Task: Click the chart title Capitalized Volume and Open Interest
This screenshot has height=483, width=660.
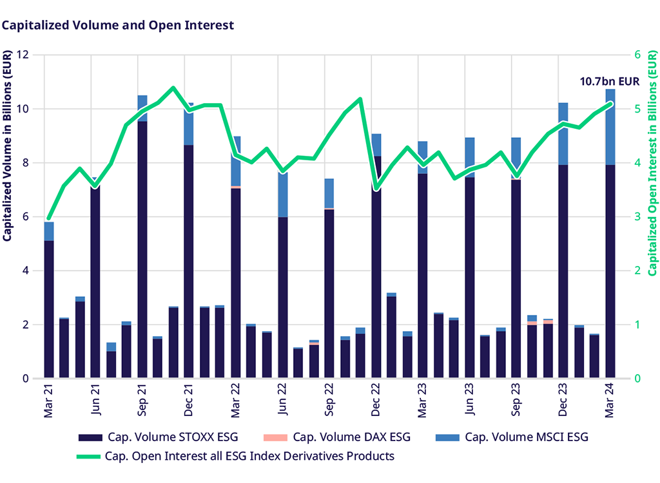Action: pyautogui.click(x=117, y=25)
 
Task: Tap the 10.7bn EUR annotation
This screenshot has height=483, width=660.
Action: pyautogui.click(x=609, y=81)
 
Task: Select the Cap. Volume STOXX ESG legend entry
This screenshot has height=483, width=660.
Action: pyautogui.click(x=159, y=438)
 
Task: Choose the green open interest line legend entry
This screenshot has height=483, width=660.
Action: pyautogui.click(x=236, y=456)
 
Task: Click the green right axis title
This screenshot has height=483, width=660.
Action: pyautogui.click(x=652, y=164)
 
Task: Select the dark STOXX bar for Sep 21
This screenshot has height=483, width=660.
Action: pyautogui.click(x=142, y=251)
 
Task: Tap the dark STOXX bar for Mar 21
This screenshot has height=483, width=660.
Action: pyautogui.click(x=49, y=309)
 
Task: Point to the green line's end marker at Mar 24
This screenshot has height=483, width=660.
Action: pyautogui.click(x=610, y=103)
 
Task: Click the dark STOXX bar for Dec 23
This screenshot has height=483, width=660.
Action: pyautogui.click(x=563, y=270)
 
